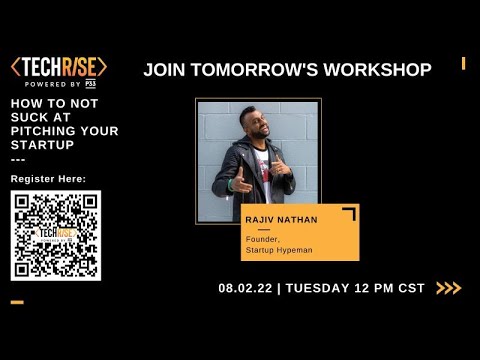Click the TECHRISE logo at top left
[x=58, y=68]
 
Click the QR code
[x=56, y=236]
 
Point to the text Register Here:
[x=48, y=178]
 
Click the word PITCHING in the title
[x=51, y=131]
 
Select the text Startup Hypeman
[x=276, y=249]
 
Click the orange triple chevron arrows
[x=448, y=288]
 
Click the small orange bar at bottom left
[x=17, y=302]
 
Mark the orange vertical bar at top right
[x=463, y=64]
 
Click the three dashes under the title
[x=16, y=159]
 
